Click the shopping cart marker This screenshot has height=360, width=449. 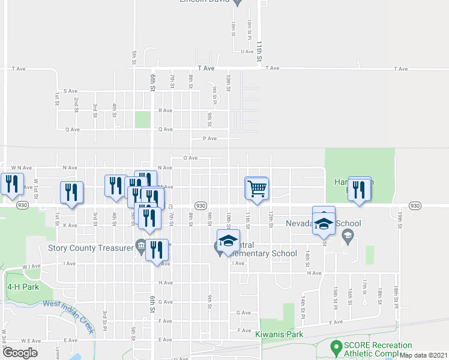pyautogui.click(x=258, y=188)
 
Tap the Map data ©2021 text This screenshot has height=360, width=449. pyautogui.click(x=423, y=355)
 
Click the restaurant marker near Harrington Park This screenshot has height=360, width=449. pyautogui.click(x=360, y=190)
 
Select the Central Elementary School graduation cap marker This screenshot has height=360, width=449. pyautogui.click(x=228, y=241)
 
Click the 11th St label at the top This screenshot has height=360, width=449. pyautogui.click(x=259, y=52)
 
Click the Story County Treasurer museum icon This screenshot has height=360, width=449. pyautogui.click(x=140, y=245)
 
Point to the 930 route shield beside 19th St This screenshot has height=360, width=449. pyautogui.click(x=415, y=205)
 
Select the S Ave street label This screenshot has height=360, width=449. pyautogui.click(x=71, y=91)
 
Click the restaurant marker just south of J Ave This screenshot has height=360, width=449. pyautogui.click(x=157, y=251)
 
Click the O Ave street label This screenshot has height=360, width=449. pyautogui.click(x=190, y=158)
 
